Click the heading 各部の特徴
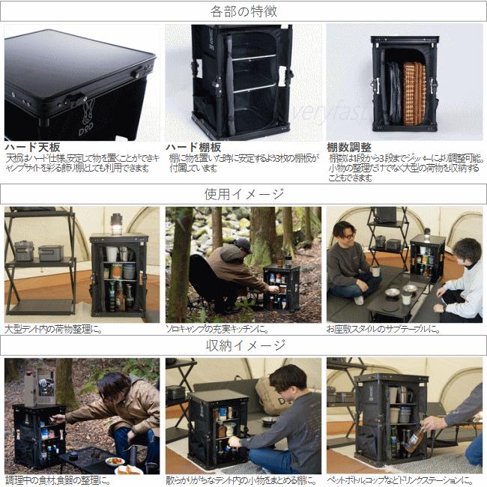tap(244, 11)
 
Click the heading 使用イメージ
tap(244, 194)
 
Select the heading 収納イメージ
tap(244, 345)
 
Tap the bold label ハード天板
tap(32, 147)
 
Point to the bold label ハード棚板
tap(193, 147)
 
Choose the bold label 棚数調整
tap(348, 147)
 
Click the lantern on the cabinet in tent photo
tap(116, 223)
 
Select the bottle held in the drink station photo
tap(414, 438)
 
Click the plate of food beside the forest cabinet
tap(115, 462)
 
